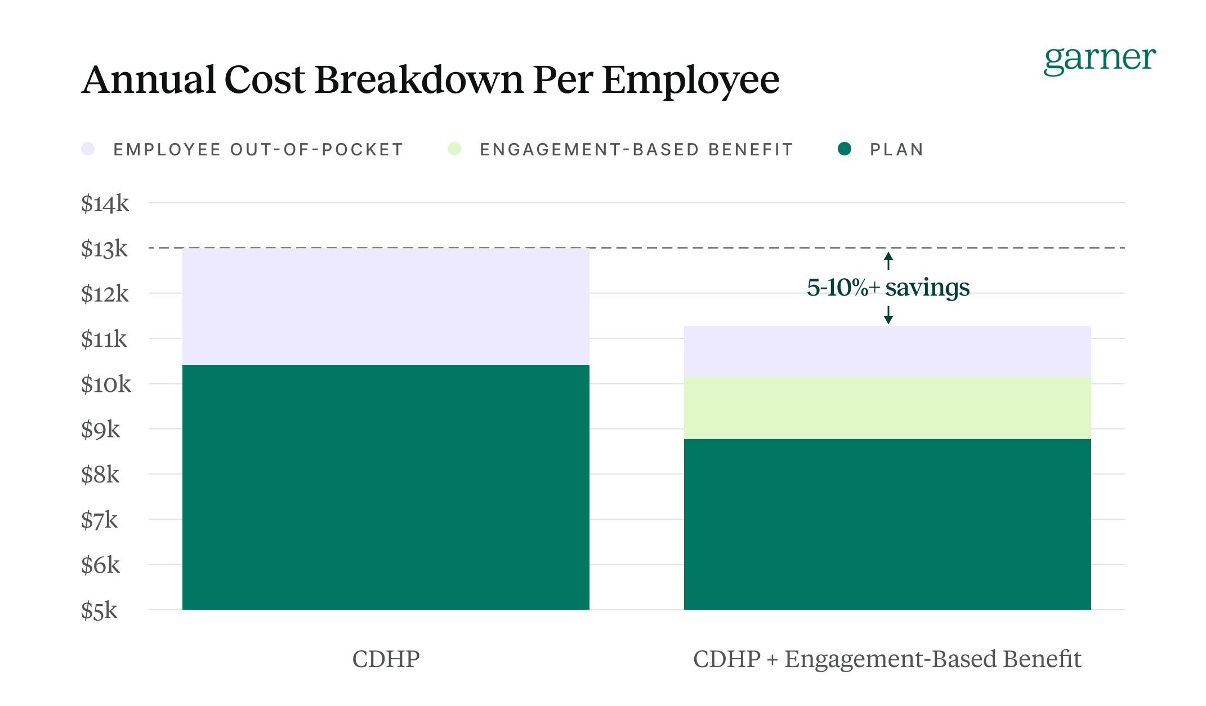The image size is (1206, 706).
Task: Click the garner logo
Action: (x=1099, y=60)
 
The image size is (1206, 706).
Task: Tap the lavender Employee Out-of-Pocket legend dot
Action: (x=88, y=149)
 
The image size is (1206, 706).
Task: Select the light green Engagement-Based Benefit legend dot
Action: (x=454, y=149)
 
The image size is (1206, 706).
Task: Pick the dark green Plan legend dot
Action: (x=844, y=149)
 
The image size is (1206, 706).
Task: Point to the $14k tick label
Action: (x=105, y=204)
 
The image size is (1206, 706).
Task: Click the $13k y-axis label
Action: (x=105, y=249)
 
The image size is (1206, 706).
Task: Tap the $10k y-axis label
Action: (x=106, y=385)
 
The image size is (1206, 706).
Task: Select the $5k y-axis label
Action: (x=100, y=611)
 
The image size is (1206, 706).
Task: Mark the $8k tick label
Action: (x=100, y=475)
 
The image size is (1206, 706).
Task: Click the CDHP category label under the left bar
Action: (x=386, y=659)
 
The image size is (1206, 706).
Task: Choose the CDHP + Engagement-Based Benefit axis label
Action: (x=887, y=659)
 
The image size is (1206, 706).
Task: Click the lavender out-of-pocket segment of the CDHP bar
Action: (x=386, y=307)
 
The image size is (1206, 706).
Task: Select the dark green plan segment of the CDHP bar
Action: (x=386, y=487)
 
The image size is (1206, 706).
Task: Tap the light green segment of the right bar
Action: (x=887, y=408)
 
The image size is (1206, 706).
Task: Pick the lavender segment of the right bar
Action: (x=887, y=351)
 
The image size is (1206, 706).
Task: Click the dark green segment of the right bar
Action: (x=887, y=524)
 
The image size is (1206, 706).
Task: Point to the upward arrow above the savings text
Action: (x=888, y=261)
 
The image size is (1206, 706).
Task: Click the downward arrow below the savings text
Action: (x=888, y=315)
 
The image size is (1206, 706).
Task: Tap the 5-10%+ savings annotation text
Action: (x=888, y=288)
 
